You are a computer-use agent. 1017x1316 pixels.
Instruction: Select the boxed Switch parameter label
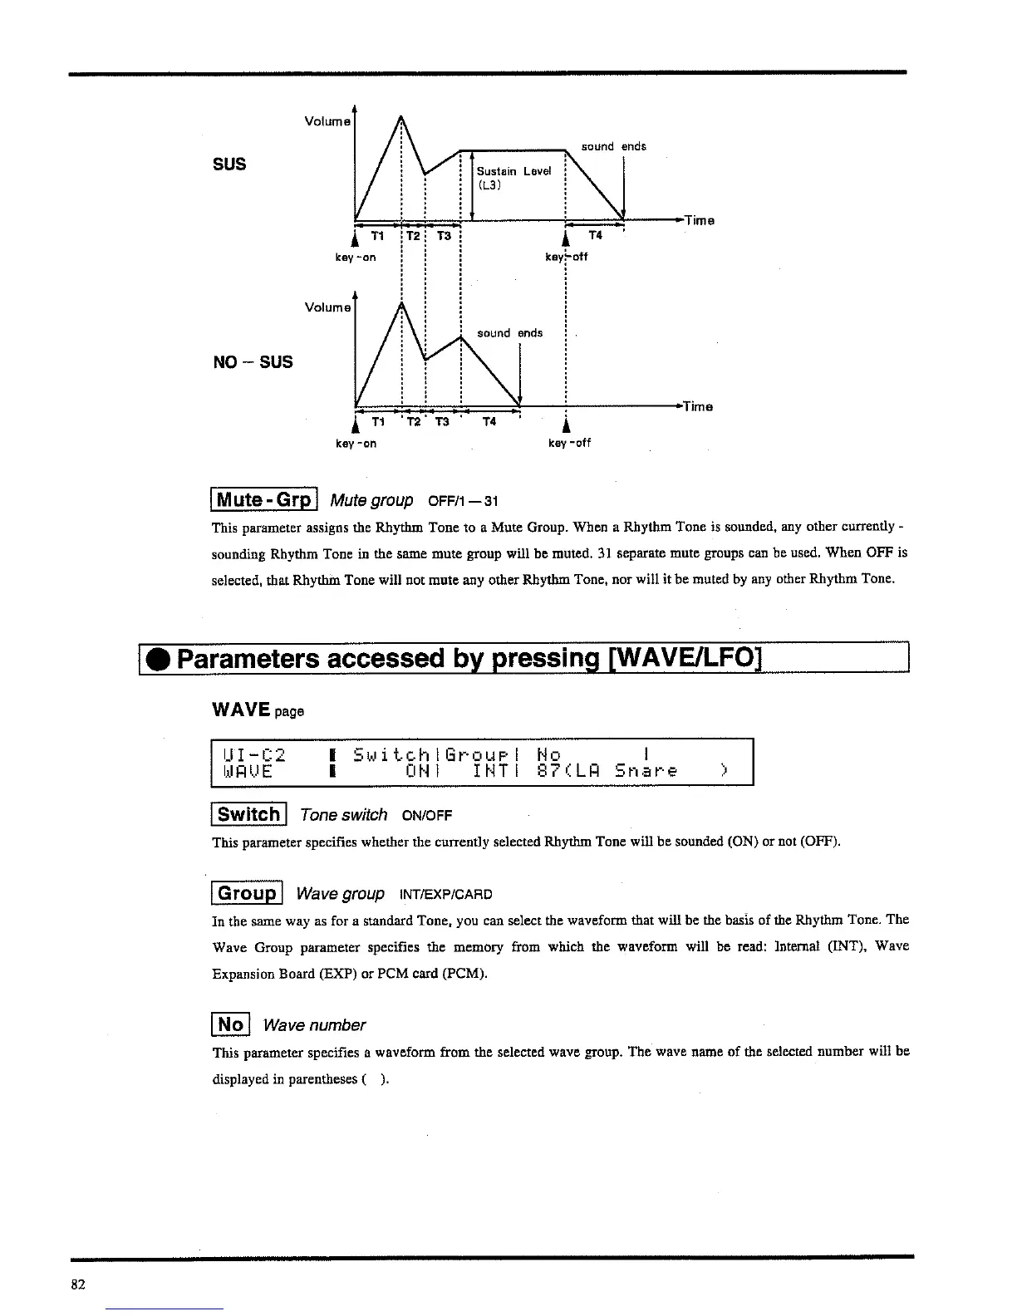click(249, 814)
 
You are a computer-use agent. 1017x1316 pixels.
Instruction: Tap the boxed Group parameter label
click(248, 894)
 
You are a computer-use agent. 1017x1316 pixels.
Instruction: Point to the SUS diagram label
click(230, 164)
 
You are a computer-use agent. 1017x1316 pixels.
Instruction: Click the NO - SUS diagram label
click(253, 362)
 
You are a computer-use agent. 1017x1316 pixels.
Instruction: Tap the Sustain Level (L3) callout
click(513, 178)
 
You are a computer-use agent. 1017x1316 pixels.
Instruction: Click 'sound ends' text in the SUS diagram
click(613, 147)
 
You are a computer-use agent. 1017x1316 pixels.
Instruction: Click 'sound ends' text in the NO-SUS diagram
click(509, 333)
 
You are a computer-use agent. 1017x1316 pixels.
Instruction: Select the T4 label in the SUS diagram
click(595, 236)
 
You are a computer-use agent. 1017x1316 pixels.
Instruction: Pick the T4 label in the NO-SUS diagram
click(489, 422)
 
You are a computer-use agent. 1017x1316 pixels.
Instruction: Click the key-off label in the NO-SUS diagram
click(569, 444)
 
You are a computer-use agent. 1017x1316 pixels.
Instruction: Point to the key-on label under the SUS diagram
click(356, 258)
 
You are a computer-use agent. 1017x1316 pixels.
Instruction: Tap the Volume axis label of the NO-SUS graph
click(328, 307)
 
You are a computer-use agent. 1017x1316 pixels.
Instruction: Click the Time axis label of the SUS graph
click(699, 221)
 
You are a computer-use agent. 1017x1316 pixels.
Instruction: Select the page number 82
click(78, 1284)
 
